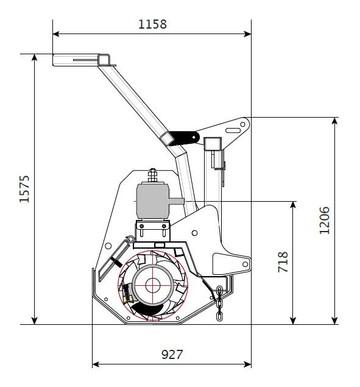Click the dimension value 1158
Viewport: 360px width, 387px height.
(152, 24)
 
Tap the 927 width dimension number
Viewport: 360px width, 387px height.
(172, 355)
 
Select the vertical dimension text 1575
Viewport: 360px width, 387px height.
(24, 189)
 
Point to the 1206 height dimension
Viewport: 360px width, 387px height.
(324, 221)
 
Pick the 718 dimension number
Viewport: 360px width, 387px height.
(283, 262)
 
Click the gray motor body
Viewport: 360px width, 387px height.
(152, 201)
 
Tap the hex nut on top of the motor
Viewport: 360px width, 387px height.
(152, 175)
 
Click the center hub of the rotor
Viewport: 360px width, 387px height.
(153, 285)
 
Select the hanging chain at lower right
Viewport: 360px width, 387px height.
(219, 304)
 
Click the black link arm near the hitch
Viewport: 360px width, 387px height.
(184, 138)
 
